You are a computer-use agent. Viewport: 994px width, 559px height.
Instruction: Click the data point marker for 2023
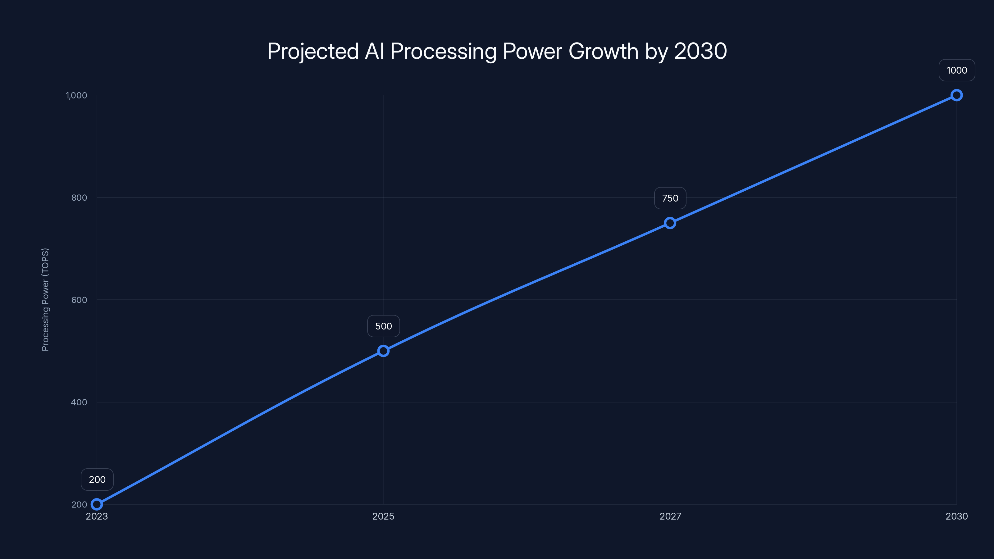coord(97,504)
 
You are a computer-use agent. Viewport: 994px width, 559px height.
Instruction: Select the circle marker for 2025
coord(383,351)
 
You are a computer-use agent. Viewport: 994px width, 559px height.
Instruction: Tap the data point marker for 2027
coord(670,223)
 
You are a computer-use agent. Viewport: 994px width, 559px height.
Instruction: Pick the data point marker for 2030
coord(957,95)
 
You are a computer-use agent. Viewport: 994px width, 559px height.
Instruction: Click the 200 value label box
coord(97,479)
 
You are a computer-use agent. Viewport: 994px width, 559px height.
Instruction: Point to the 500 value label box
coord(384,326)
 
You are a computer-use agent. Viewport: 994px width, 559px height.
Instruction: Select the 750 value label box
coord(670,198)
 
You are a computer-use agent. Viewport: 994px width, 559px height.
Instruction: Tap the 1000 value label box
coord(957,70)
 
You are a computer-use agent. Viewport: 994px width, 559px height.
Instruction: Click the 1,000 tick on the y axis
coord(76,95)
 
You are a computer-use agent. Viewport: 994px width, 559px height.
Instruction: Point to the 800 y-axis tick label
coord(79,198)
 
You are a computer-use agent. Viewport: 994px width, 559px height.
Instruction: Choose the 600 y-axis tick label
coord(79,300)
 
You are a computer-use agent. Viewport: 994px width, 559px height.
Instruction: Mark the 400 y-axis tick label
coord(79,402)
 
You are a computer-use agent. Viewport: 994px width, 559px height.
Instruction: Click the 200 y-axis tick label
coord(79,504)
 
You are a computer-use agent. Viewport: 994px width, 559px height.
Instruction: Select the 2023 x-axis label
coord(97,516)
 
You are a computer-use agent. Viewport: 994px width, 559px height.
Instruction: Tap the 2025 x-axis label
coord(383,516)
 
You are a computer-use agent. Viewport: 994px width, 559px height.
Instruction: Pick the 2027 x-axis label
coord(670,516)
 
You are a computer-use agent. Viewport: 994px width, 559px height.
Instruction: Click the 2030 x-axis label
coord(957,516)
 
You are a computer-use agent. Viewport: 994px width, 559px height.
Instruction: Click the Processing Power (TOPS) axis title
coord(45,300)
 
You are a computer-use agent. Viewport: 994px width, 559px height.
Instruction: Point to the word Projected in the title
coord(313,51)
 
